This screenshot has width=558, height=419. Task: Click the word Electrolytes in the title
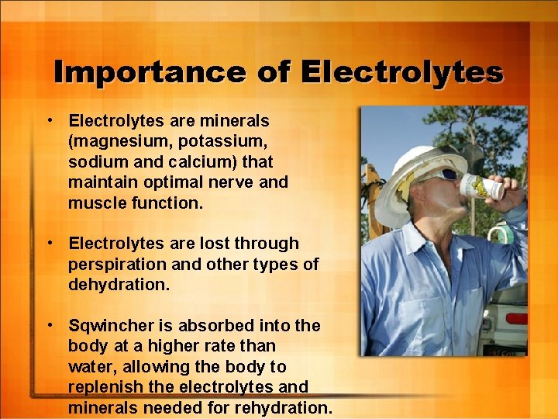(401, 72)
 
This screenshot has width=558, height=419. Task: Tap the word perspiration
(115, 264)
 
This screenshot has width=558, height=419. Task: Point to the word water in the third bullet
(91, 366)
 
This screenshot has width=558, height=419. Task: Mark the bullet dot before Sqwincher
(49, 324)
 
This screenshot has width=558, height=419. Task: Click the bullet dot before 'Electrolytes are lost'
(49, 243)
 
